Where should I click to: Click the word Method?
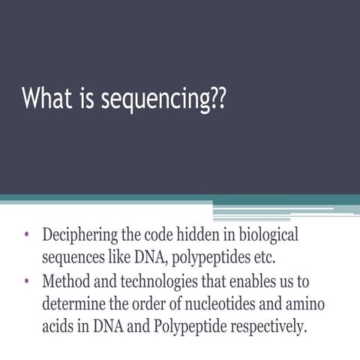click(66, 283)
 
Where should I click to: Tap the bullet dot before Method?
click(26, 283)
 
